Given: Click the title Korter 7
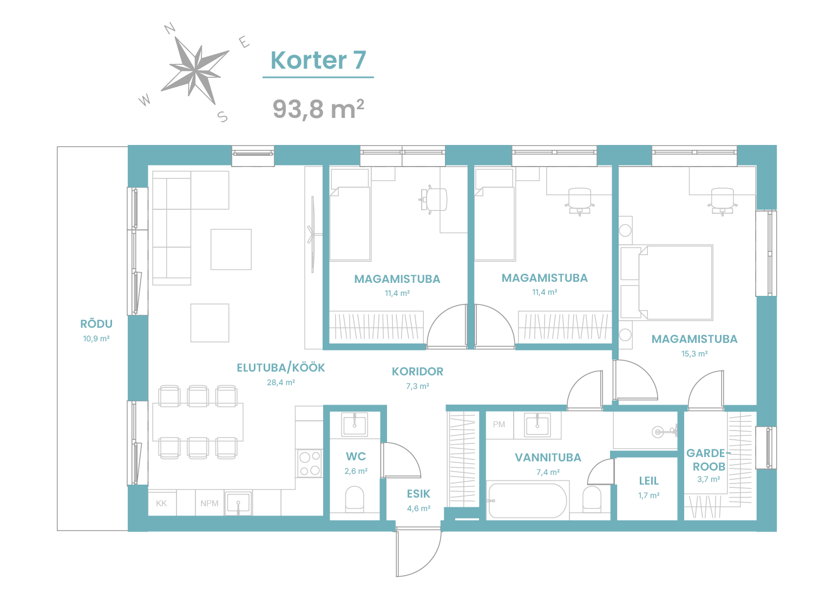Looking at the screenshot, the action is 318,60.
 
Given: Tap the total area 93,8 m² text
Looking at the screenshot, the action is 318,109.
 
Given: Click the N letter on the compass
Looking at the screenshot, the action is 169,28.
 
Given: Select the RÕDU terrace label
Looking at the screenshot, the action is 96,324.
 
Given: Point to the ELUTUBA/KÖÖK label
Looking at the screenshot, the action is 280,368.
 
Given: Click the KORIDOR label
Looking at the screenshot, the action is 417,372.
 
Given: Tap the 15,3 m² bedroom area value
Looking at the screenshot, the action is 694,354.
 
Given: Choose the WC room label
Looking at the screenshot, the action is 356,457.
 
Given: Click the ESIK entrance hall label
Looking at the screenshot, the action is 418,494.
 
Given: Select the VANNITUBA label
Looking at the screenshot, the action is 548,458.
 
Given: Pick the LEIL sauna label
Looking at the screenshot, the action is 648,481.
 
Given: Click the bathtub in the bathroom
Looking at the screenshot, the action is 527,501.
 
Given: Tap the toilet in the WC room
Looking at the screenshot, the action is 355,499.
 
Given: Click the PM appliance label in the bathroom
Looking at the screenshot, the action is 499,425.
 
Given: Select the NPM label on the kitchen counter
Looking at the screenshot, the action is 209,503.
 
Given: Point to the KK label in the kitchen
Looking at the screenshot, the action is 161,503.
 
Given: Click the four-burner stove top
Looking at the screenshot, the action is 310,463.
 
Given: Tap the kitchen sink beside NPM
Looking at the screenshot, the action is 238,503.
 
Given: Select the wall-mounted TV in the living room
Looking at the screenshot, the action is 313,235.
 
